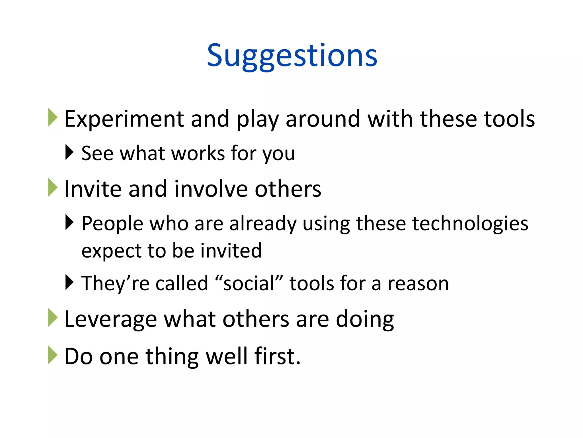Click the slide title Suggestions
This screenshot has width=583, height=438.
tap(292, 56)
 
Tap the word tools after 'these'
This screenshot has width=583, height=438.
tap(509, 119)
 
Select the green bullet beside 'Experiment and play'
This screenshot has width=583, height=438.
tap(53, 117)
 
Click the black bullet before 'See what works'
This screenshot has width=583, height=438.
tap(69, 152)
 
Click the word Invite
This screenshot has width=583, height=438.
tap(93, 189)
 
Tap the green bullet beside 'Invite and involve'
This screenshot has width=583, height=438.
tap(53, 187)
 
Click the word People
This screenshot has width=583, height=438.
tap(112, 224)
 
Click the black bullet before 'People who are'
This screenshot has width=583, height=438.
tap(69, 222)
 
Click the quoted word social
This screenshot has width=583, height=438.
tap(249, 283)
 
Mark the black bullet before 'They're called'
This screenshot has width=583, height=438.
tap(69, 282)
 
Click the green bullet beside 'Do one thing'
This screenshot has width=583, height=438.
tap(53, 355)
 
